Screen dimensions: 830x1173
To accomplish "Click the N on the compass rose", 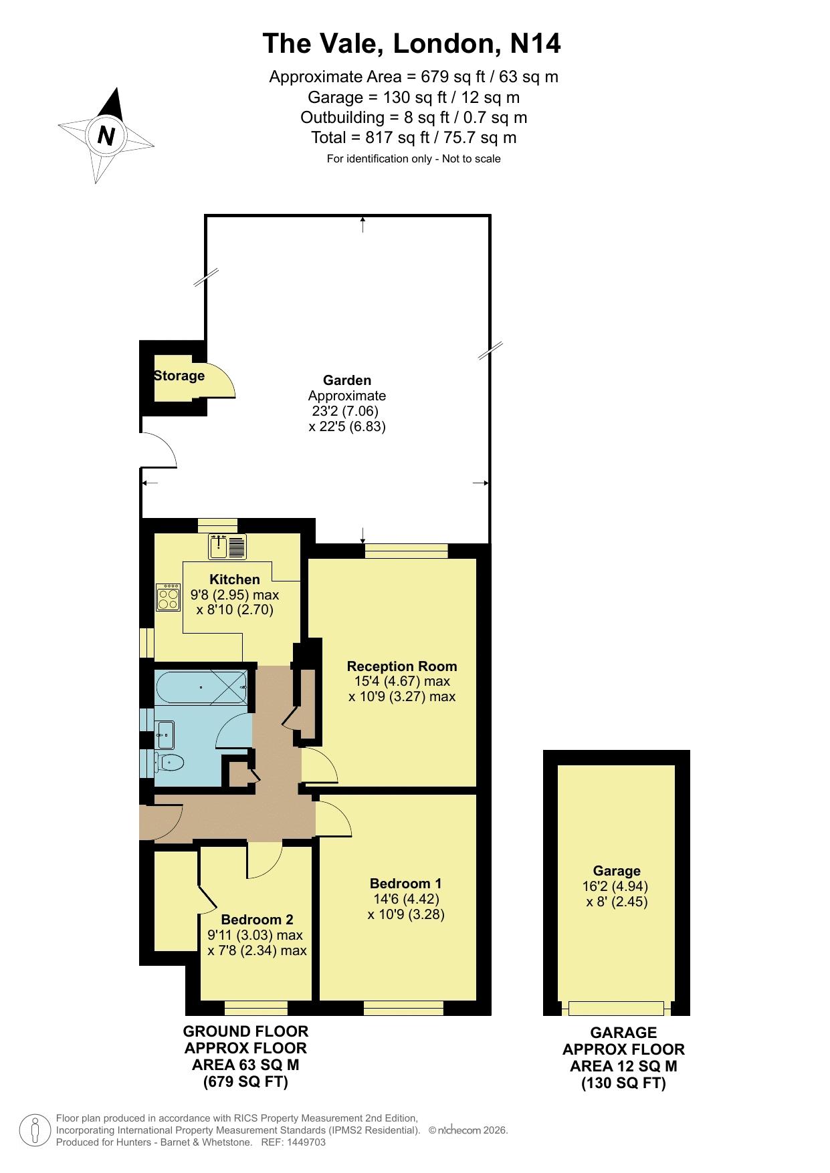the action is coord(106,136).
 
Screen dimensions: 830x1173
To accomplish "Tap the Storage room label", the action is coord(179,376).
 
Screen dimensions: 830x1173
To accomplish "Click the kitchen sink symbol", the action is coord(227,547).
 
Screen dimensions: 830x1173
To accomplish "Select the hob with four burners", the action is coord(169,597).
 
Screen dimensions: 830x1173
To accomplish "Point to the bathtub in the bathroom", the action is coord(201,687).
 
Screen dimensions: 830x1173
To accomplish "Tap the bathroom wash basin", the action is coord(165,735).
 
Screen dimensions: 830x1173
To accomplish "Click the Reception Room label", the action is coord(402,666).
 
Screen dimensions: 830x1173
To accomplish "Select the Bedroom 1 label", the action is coord(406,883).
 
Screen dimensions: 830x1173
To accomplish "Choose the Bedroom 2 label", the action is coord(257,920).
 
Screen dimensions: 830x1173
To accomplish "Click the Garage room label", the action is coord(617,871).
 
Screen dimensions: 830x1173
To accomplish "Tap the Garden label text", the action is coord(347,380).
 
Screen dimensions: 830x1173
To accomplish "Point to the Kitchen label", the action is coord(235,579).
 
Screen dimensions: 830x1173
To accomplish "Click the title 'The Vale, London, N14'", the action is coord(412,43).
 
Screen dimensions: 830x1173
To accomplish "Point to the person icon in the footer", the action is coord(35,1130).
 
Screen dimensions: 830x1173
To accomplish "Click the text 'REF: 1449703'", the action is coord(295,1142).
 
